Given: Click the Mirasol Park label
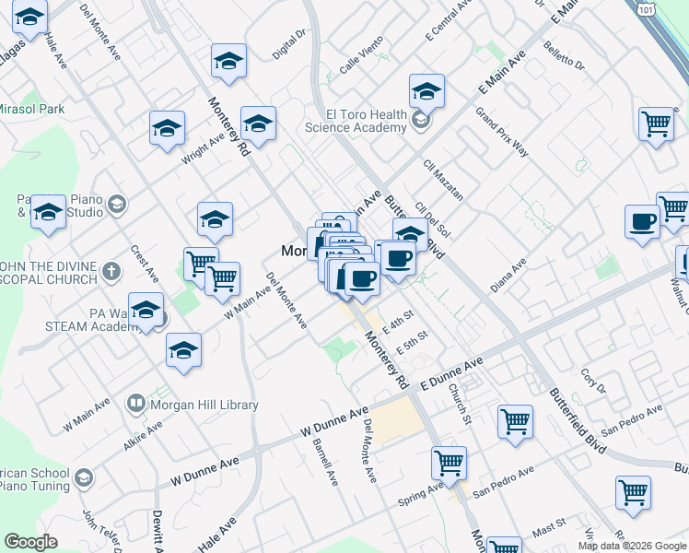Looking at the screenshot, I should (x=30, y=109).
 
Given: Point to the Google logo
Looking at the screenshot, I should (x=30, y=542).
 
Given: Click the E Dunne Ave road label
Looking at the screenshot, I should (x=451, y=375).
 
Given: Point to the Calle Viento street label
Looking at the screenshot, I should (x=360, y=63).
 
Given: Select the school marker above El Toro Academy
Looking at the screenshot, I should (x=426, y=92).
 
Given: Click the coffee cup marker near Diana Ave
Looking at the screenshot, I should (x=642, y=222).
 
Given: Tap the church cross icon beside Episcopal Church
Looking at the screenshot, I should (x=111, y=272).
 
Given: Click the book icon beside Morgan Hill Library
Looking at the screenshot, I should (x=135, y=404).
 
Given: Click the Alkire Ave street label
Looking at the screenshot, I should (x=145, y=437).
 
